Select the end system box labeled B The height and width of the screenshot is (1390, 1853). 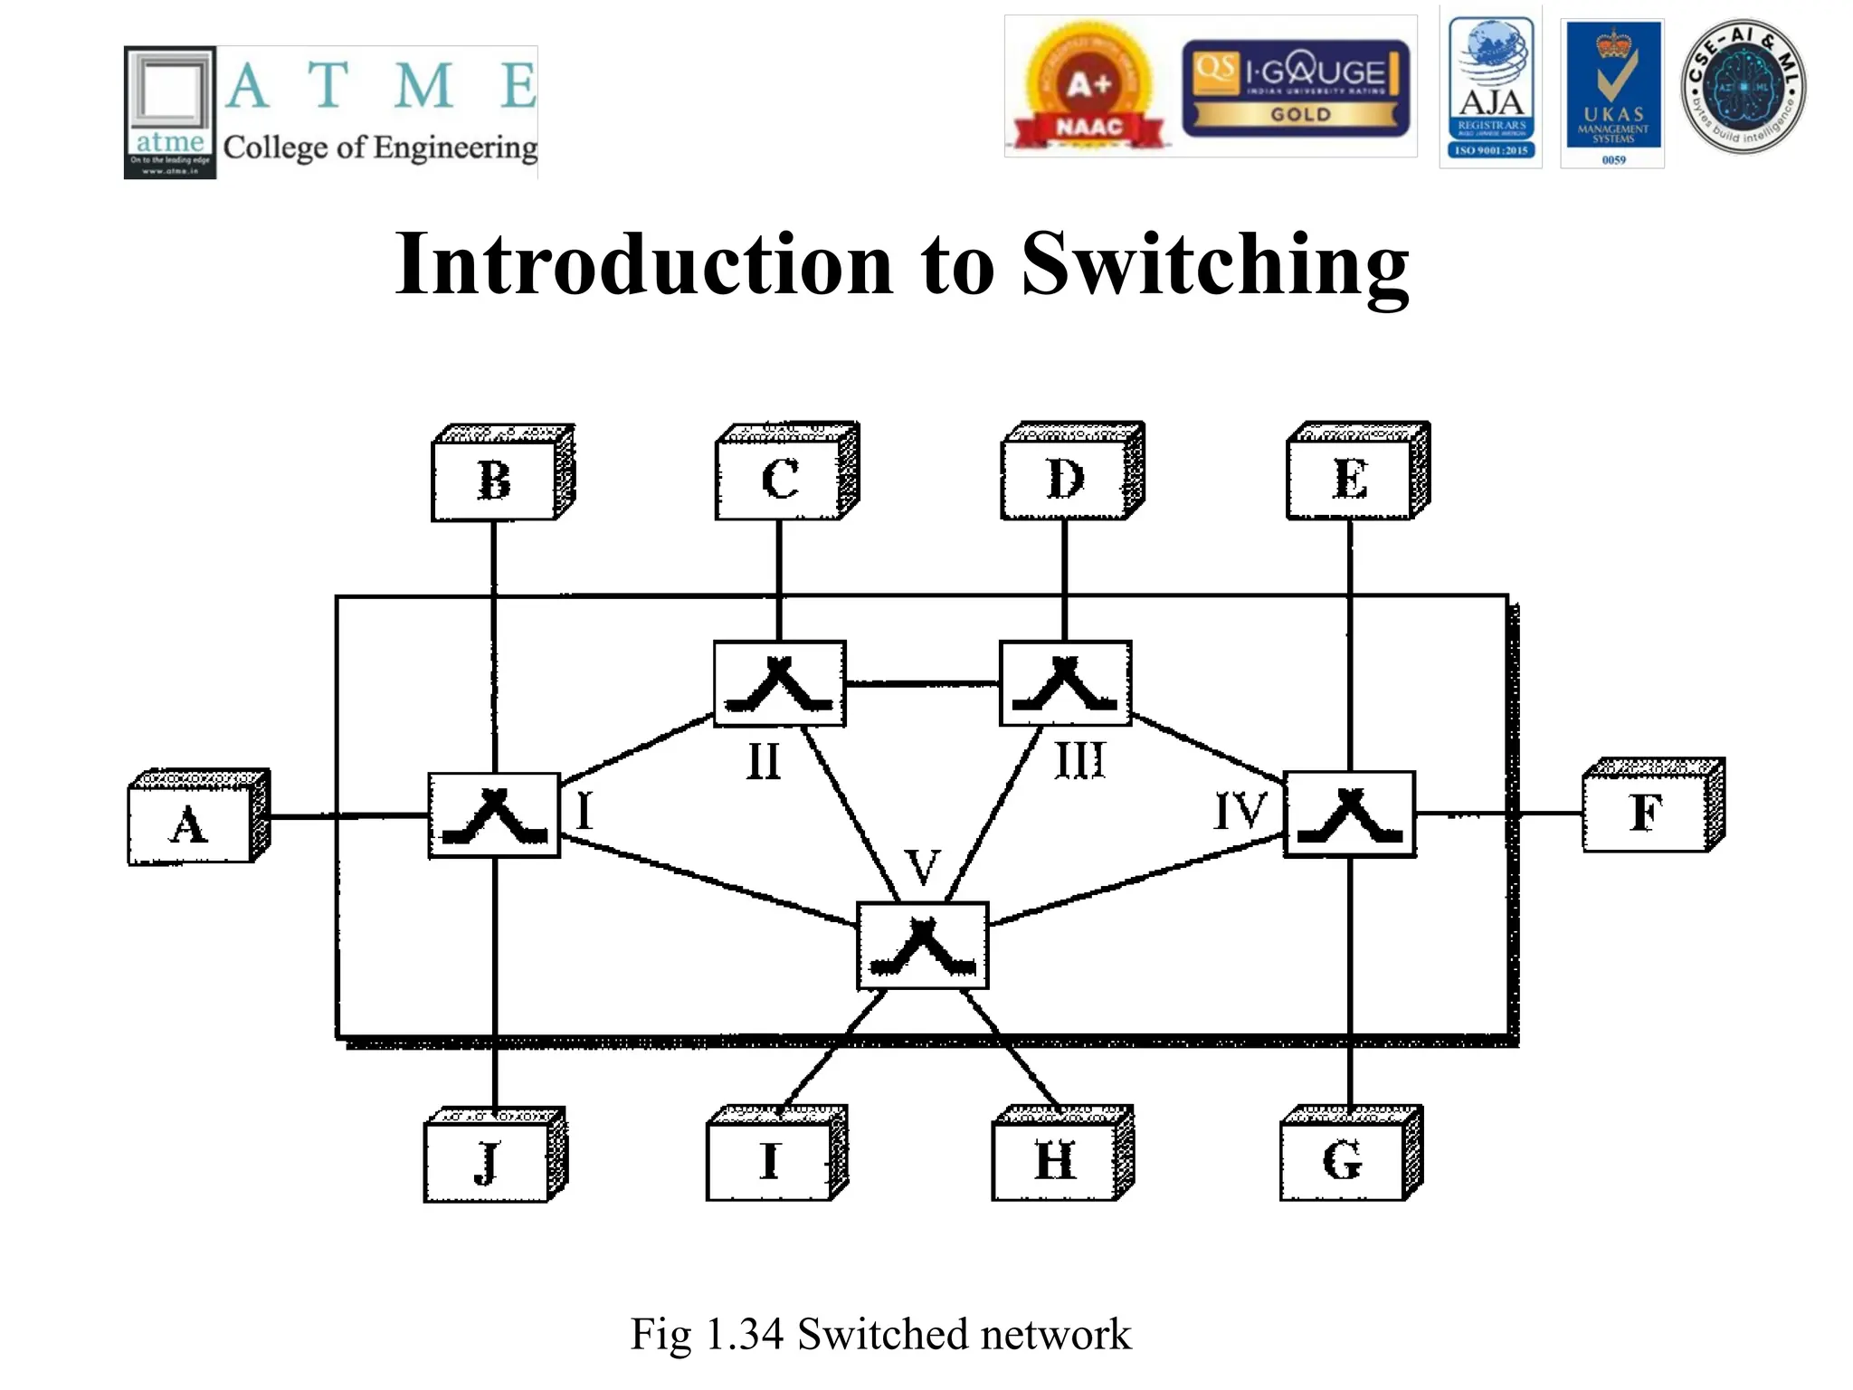coord(494,481)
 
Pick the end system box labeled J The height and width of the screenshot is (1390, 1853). coord(487,1162)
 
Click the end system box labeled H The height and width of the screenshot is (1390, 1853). coord(1055,1160)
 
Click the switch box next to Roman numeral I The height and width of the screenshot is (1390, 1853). coord(494,815)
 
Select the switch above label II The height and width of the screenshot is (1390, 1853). coord(780,684)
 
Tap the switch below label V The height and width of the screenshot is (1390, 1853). coord(922,946)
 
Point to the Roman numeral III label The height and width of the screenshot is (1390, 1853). coord(1080,760)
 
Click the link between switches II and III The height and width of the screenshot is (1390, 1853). coord(922,683)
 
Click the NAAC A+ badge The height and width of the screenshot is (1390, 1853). coord(1088,89)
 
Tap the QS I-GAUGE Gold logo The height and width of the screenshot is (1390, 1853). coord(1296,89)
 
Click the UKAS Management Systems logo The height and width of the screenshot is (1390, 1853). coord(1613,93)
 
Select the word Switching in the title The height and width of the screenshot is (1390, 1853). coord(1215,264)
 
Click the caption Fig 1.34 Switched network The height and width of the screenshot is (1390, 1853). coord(880,1334)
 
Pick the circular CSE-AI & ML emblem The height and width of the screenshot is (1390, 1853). coord(1743,87)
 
